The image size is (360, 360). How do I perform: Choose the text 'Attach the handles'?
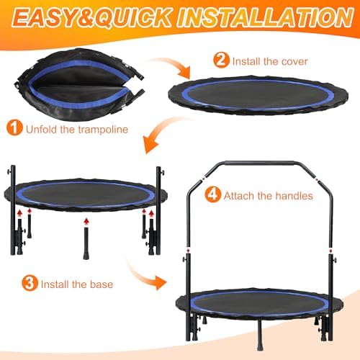pyautogui.click(x=268, y=195)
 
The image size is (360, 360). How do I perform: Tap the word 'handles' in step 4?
pyautogui.click(x=293, y=195)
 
